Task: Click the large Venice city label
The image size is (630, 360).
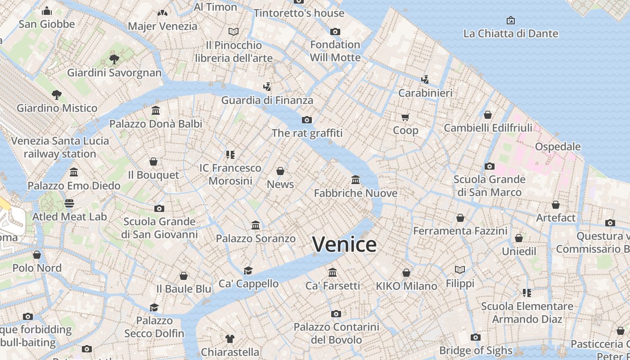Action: [x=344, y=244]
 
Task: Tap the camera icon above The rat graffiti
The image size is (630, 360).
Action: [x=307, y=120]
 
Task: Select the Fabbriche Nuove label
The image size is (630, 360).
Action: [x=355, y=193]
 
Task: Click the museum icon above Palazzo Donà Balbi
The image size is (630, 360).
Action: [x=156, y=110]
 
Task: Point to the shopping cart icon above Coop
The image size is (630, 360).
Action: [x=405, y=117]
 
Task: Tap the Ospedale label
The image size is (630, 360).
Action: [x=558, y=147]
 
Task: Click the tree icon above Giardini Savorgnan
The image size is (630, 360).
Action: [x=114, y=59]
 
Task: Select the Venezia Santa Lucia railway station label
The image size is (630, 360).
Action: [x=60, y=147]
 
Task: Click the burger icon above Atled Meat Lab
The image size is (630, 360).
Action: [x=69, y=203]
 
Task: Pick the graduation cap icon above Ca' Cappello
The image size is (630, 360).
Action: [x=248, y=270]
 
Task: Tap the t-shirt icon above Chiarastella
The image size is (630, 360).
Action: [x=230, y=339]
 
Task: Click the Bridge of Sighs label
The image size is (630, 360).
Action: [x=476, y=351]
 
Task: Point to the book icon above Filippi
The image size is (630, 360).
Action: [x=460, y=270]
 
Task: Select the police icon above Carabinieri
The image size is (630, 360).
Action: [x=425, y=80]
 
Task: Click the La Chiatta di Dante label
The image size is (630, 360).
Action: [x=510, y=34]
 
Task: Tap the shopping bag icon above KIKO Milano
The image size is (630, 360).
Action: [x=406, y=273]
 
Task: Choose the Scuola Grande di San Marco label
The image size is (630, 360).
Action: [x=489, y=186]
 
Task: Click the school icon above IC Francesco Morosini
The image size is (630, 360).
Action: [x=230, y=155]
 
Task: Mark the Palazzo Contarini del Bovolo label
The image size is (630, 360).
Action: [x=336, y=333]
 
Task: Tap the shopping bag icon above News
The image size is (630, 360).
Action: [x=280, y=171]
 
